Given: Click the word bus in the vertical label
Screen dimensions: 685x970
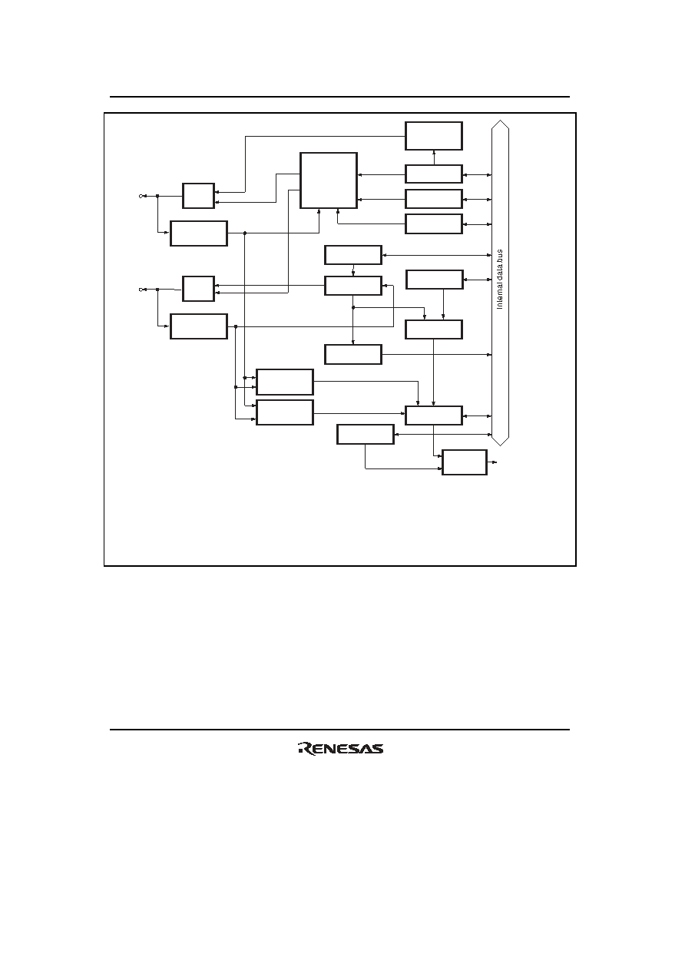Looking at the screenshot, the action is (500, 255).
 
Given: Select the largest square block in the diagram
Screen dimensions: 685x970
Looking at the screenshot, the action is (329, 180).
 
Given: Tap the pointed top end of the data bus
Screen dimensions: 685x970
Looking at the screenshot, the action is (500, 121).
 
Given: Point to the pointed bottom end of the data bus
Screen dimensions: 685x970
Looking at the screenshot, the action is (500, 445).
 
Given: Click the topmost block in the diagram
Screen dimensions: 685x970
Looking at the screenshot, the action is (434, 136).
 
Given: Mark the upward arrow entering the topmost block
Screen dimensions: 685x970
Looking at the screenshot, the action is (434, 157).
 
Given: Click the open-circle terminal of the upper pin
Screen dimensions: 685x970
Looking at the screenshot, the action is (141, 196).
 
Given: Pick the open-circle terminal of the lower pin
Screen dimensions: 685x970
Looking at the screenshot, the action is (141, 290).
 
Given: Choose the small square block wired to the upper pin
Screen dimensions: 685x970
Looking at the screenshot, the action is (198, 196).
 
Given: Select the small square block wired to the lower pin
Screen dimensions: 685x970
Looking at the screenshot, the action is (198, 289).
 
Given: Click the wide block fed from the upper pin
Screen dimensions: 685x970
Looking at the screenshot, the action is (199, 233).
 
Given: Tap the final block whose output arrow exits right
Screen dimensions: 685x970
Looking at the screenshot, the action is (465, 462).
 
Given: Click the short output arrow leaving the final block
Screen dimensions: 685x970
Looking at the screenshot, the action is (492, 462).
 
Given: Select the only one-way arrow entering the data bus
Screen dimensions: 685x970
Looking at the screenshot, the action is (437, 355).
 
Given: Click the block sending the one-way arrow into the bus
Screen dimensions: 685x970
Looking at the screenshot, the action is (353, 355).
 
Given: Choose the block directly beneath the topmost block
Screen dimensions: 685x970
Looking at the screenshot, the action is (434, 174).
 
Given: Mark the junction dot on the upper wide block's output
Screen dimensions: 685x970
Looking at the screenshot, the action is (245, 233).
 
